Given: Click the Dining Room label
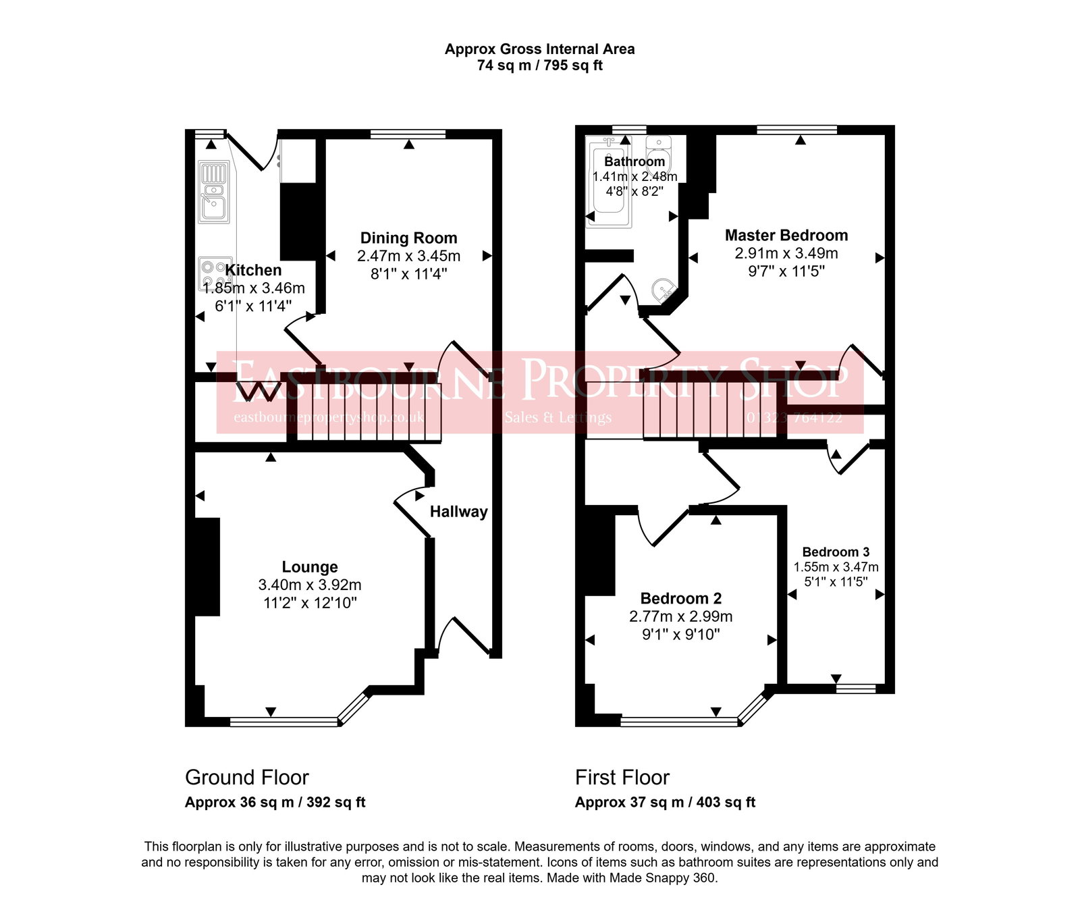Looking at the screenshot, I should (x=408, y=238).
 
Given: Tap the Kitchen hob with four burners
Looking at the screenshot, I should (x=215, y=273).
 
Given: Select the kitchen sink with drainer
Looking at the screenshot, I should (x=214, y=192).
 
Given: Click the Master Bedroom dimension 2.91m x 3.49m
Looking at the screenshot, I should (x=786, y=253).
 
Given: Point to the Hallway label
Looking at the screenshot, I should (x=458, y=512).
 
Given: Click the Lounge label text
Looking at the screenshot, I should (x=309, y=567).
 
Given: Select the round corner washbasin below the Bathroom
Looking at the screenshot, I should (x=664, y=290).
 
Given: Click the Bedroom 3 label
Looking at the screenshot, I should (x=836, y=552).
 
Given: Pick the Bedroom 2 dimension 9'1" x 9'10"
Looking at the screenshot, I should (x=680, y=634).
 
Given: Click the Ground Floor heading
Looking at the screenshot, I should (x=246, y=777).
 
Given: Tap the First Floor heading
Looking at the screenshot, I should (x=622, y=777).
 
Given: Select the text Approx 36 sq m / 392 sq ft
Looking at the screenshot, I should (x=275, y=802).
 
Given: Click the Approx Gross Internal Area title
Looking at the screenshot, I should (x=539, y=49).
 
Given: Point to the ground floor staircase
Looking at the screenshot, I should (x=368, y=412).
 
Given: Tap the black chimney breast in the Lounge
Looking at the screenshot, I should (x=207, y=567).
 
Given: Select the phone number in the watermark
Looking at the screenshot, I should (x=794, y=418).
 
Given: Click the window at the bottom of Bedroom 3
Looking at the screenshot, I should (x=855, y=689).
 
